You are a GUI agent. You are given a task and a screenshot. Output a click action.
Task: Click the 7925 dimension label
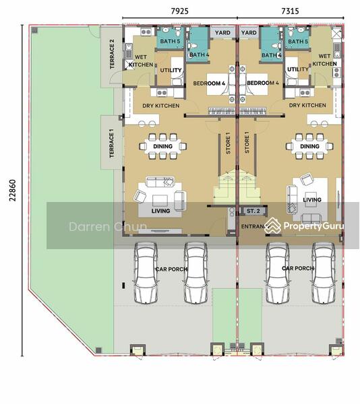pyautogui.click(x=180, y=11)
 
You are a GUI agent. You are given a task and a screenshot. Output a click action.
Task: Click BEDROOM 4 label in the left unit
pyautogui.click(x=208, y=83)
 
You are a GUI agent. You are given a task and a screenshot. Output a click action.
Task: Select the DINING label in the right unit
pyautogui.click(x=309, y=146)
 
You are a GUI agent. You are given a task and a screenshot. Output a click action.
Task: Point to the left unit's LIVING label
pyautogui.click(x=160, y=211)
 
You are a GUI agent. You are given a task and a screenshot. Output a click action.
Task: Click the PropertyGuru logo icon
pyautogui.click(x=272, y=226)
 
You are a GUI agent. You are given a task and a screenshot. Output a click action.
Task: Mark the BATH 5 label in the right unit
pyautogui.click(x=298, y=42)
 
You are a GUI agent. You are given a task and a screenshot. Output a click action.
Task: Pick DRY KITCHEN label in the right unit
pyautogui.click(x=307, y=106)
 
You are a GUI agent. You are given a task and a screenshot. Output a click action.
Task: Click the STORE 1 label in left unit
pyautogui.click(x=228, y=143)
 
